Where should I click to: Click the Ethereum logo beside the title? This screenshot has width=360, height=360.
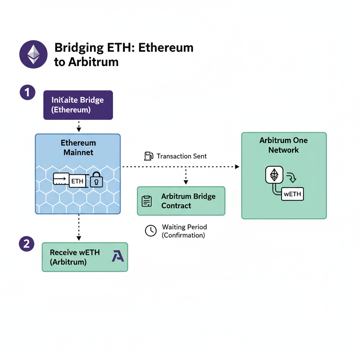coord(33,54)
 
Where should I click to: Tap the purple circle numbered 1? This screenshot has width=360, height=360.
coord(27,93)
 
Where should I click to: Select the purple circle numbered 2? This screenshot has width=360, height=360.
coord(26,244)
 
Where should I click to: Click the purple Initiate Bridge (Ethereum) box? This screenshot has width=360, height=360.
coord(78,105)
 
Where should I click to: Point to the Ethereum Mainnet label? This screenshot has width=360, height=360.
coord(78,148)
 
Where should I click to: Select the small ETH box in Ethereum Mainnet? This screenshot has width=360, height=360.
coord(78,181)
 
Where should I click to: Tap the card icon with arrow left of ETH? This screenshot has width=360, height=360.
coord(60,179)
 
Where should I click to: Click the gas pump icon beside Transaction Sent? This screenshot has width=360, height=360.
coord(149,156)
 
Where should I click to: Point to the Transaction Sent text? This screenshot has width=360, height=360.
coord(181,156)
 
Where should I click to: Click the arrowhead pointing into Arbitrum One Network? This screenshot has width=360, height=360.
coord(237,166)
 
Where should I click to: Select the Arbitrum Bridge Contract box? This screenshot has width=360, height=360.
coord(181,201)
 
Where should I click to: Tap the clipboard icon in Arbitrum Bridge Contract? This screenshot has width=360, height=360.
coord(147,201)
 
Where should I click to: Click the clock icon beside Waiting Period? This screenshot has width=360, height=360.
coord(151,231)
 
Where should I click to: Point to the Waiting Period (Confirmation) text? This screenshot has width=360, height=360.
coord(184,231)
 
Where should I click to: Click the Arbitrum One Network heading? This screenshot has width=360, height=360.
coord(283,145)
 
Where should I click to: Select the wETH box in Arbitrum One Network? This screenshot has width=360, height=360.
coord(292,194)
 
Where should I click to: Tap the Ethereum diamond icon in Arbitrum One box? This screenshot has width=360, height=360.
coord(274,174)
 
